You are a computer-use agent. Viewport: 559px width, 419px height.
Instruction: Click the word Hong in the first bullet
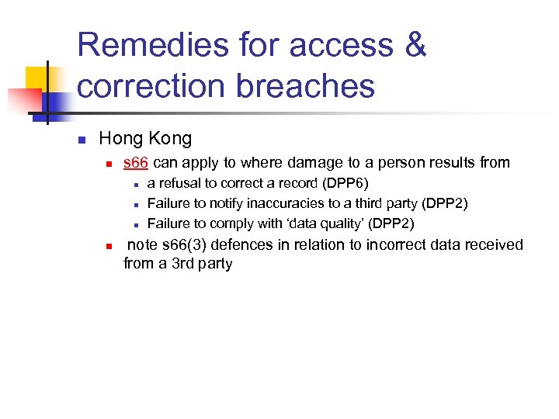click(x=121, y=139)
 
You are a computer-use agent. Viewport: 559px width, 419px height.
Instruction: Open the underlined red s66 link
click(x=136, y=162)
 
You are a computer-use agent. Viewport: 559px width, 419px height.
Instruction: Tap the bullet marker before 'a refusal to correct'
click(x=135, y=185)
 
